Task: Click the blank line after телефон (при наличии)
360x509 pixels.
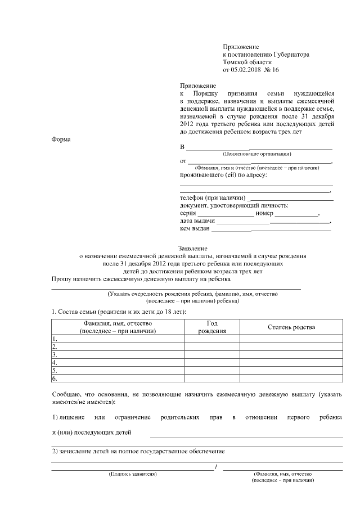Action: (x=290, y=199)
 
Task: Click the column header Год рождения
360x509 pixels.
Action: (x=212, y=327)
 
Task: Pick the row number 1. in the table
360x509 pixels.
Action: (x=55, y=339)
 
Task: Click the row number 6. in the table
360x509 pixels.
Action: (x=55, y=378)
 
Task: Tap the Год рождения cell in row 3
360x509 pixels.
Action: (x=212, y=355)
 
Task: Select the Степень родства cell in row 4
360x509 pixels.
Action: (x=291, y=363)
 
